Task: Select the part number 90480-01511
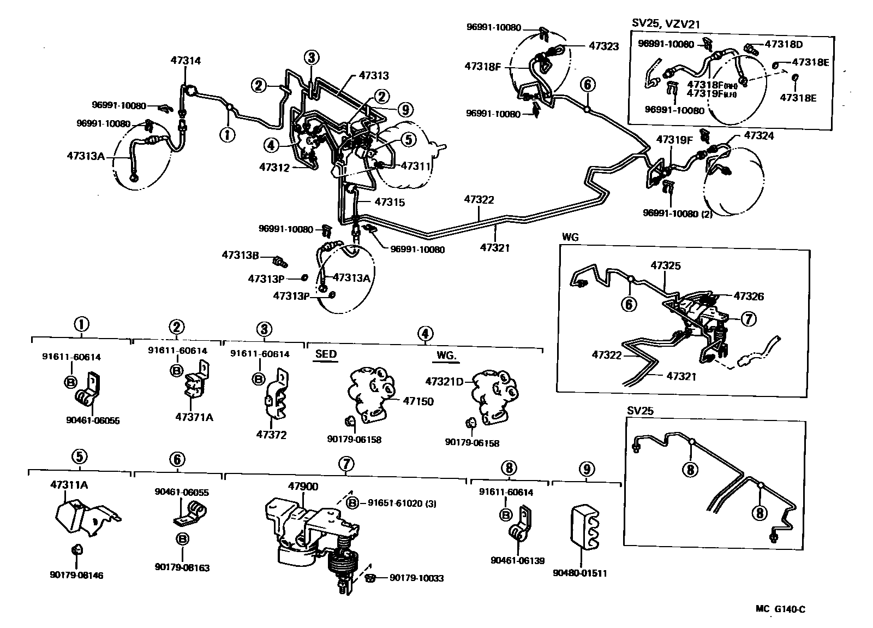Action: [x=579, y=573]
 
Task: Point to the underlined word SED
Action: [x=326, y=354]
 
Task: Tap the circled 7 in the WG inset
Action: [x=748, y=319]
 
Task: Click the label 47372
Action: [x=271, y=435]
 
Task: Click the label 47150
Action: [x=418, y=401]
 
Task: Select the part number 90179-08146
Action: [x=76, y=575]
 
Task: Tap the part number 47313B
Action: [x=240, y=255]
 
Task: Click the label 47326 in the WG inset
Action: [x=749, y=297]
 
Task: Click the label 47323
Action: [x=603, y=46]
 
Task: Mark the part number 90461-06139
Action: [x=517, y=560]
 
